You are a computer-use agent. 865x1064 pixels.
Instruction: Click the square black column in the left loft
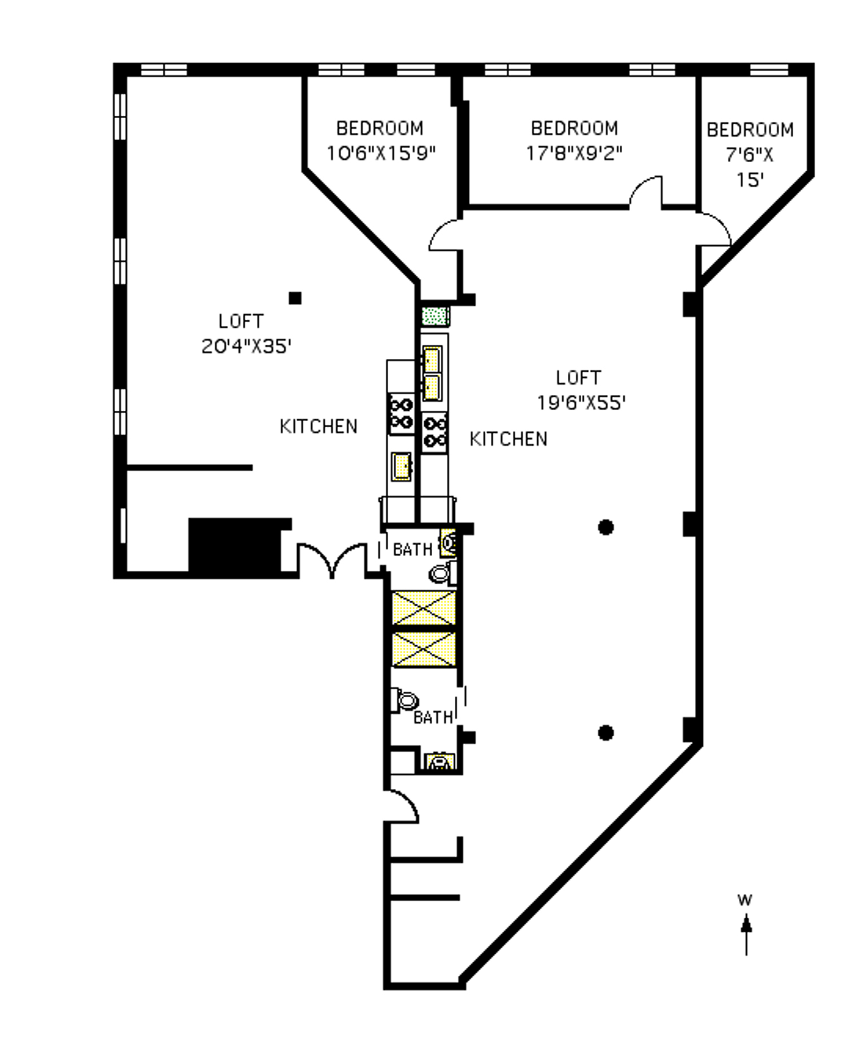pos(295,298)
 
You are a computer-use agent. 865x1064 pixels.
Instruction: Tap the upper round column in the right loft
pos(606,527)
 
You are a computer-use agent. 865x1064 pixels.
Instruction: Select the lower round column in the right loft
pos(606,733)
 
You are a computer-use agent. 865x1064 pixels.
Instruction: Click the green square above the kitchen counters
pos(436,316)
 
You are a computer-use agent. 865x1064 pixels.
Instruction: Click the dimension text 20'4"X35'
pos(246,346)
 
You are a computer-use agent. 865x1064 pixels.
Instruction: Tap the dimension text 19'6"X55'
pos(581,403)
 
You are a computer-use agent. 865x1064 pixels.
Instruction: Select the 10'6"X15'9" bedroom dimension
pos(381,153)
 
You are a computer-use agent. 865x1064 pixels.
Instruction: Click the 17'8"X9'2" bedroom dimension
pos(574,153)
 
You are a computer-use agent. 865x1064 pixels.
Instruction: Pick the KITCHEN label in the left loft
pos(319,427)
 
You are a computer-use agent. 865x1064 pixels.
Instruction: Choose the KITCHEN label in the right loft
pos(508,439)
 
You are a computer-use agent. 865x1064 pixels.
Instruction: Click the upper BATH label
pos(412,549)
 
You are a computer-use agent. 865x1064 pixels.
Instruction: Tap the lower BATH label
pos(433,718)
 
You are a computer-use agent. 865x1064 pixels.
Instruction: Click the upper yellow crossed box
pos(424,608)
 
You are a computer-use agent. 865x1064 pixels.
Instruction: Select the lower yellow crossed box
pos(424,649)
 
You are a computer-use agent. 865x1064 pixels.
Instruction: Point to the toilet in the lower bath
pos(405,701)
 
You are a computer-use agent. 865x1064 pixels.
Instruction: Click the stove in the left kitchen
pos(401,414)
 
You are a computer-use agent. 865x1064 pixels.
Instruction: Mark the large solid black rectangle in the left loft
pos(235,545)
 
